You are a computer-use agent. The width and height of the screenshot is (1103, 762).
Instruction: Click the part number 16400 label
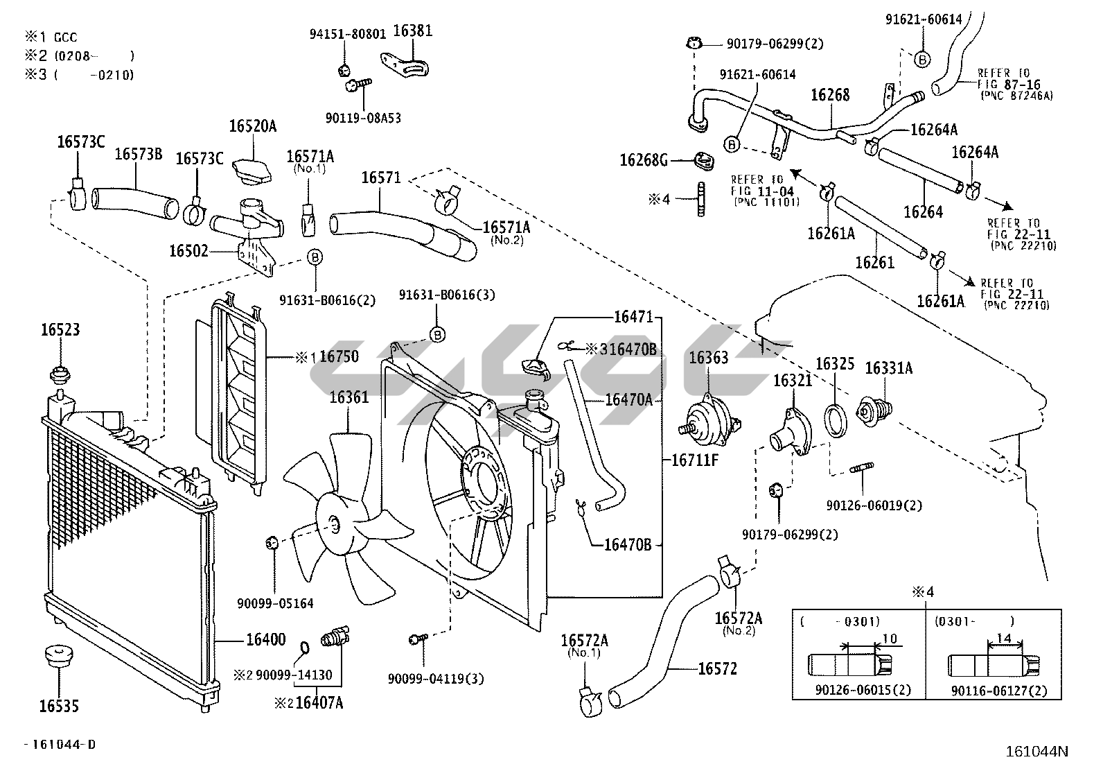[265, 639]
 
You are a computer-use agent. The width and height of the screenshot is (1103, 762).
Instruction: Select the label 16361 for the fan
[348, 397]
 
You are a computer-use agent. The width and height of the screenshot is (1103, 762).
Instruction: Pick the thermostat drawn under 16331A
[874, 410]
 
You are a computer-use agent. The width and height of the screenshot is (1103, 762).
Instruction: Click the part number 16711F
[695, 460]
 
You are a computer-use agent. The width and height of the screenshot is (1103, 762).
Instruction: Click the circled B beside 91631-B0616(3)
[437, 335]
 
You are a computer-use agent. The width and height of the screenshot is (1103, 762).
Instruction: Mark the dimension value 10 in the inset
[890, 638]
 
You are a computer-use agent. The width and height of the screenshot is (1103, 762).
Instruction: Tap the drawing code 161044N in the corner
[1037, 750]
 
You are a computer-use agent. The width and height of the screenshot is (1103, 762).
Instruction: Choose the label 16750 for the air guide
[339, 357]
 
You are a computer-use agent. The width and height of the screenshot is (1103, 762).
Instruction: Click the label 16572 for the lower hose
[717, 668]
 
